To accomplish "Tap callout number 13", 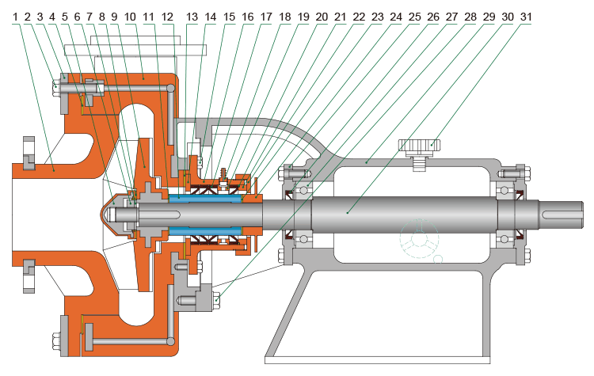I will click(193, 15).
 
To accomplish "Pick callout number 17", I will click(267, 15).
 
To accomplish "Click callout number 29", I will click(489, 15).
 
